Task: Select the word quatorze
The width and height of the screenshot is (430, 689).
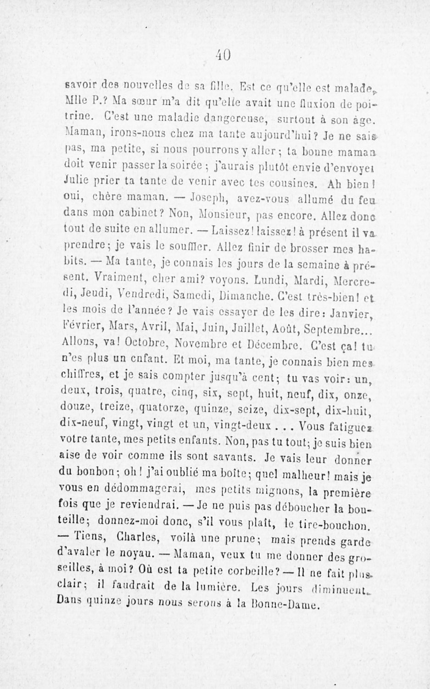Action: click(x=164, y=406)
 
